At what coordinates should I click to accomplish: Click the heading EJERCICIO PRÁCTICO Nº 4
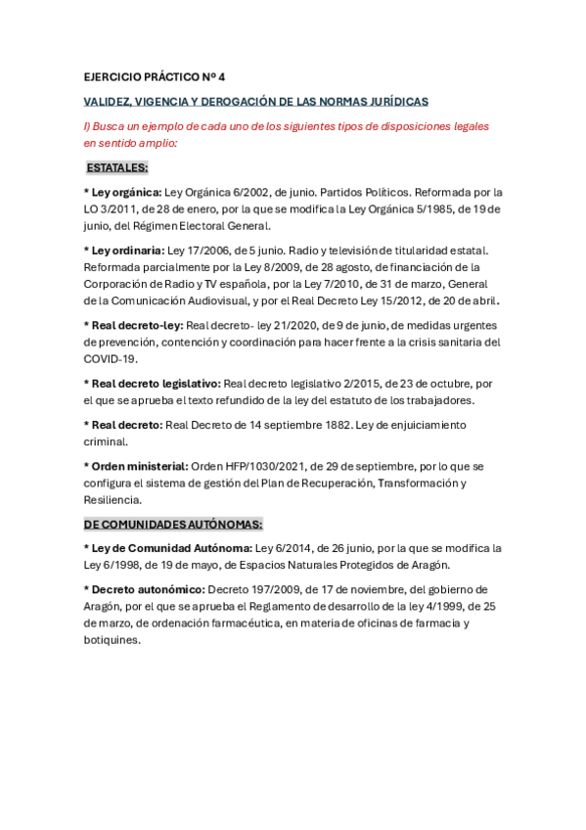point(155,76)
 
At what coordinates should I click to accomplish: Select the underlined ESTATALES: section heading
point(116,167)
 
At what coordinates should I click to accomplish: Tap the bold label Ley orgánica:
point(126,192)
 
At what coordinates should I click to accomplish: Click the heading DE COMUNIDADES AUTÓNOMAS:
point(173,524)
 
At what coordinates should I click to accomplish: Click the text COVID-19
point(110,359)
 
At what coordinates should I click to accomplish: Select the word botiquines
point(113,640)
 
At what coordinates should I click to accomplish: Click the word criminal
point(106,441)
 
